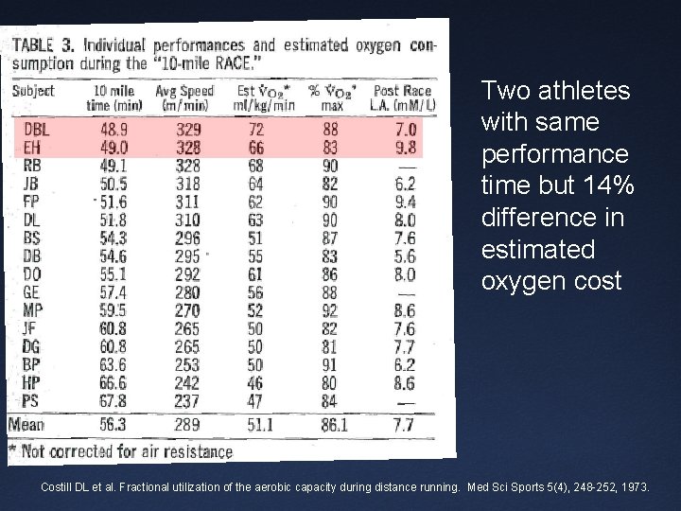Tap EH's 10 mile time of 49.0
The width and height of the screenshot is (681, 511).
coord(112,148)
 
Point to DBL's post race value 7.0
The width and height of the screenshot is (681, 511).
coord(407,129)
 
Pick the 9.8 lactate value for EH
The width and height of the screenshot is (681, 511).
coord(407,148)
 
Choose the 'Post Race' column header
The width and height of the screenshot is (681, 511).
coord(402,91)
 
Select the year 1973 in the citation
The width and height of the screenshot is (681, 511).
coord(633,486)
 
